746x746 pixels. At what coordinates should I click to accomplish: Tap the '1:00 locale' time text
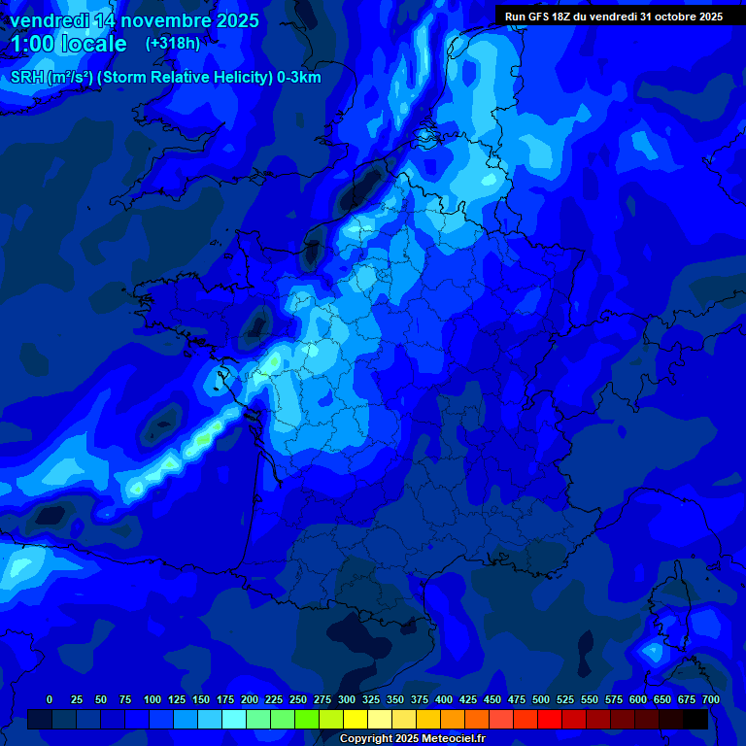[68, 44]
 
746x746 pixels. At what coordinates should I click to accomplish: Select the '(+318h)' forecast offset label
[173, 44]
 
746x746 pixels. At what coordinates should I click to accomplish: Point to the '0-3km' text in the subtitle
[298, 78]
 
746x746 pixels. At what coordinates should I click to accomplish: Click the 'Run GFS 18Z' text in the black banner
[538, 17]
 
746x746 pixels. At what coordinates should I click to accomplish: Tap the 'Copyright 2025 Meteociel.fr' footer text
[412, 738]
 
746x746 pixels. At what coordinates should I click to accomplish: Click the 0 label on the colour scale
[50, 699]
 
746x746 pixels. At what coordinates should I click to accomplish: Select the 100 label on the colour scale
[153, 699]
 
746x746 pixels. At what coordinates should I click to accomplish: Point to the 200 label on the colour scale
[250, 699]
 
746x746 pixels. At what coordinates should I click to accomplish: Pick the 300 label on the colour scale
[347, 699]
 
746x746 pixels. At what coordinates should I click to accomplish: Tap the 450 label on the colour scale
[492, 699]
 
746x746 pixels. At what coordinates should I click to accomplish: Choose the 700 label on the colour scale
[711, 699]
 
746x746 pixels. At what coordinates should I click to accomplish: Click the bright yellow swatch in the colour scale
[356, 719]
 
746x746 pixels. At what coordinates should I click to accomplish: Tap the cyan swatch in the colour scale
[234, 719]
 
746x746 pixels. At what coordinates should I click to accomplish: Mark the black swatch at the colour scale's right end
[695, 719]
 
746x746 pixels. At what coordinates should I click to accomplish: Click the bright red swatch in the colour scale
[550, 719]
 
